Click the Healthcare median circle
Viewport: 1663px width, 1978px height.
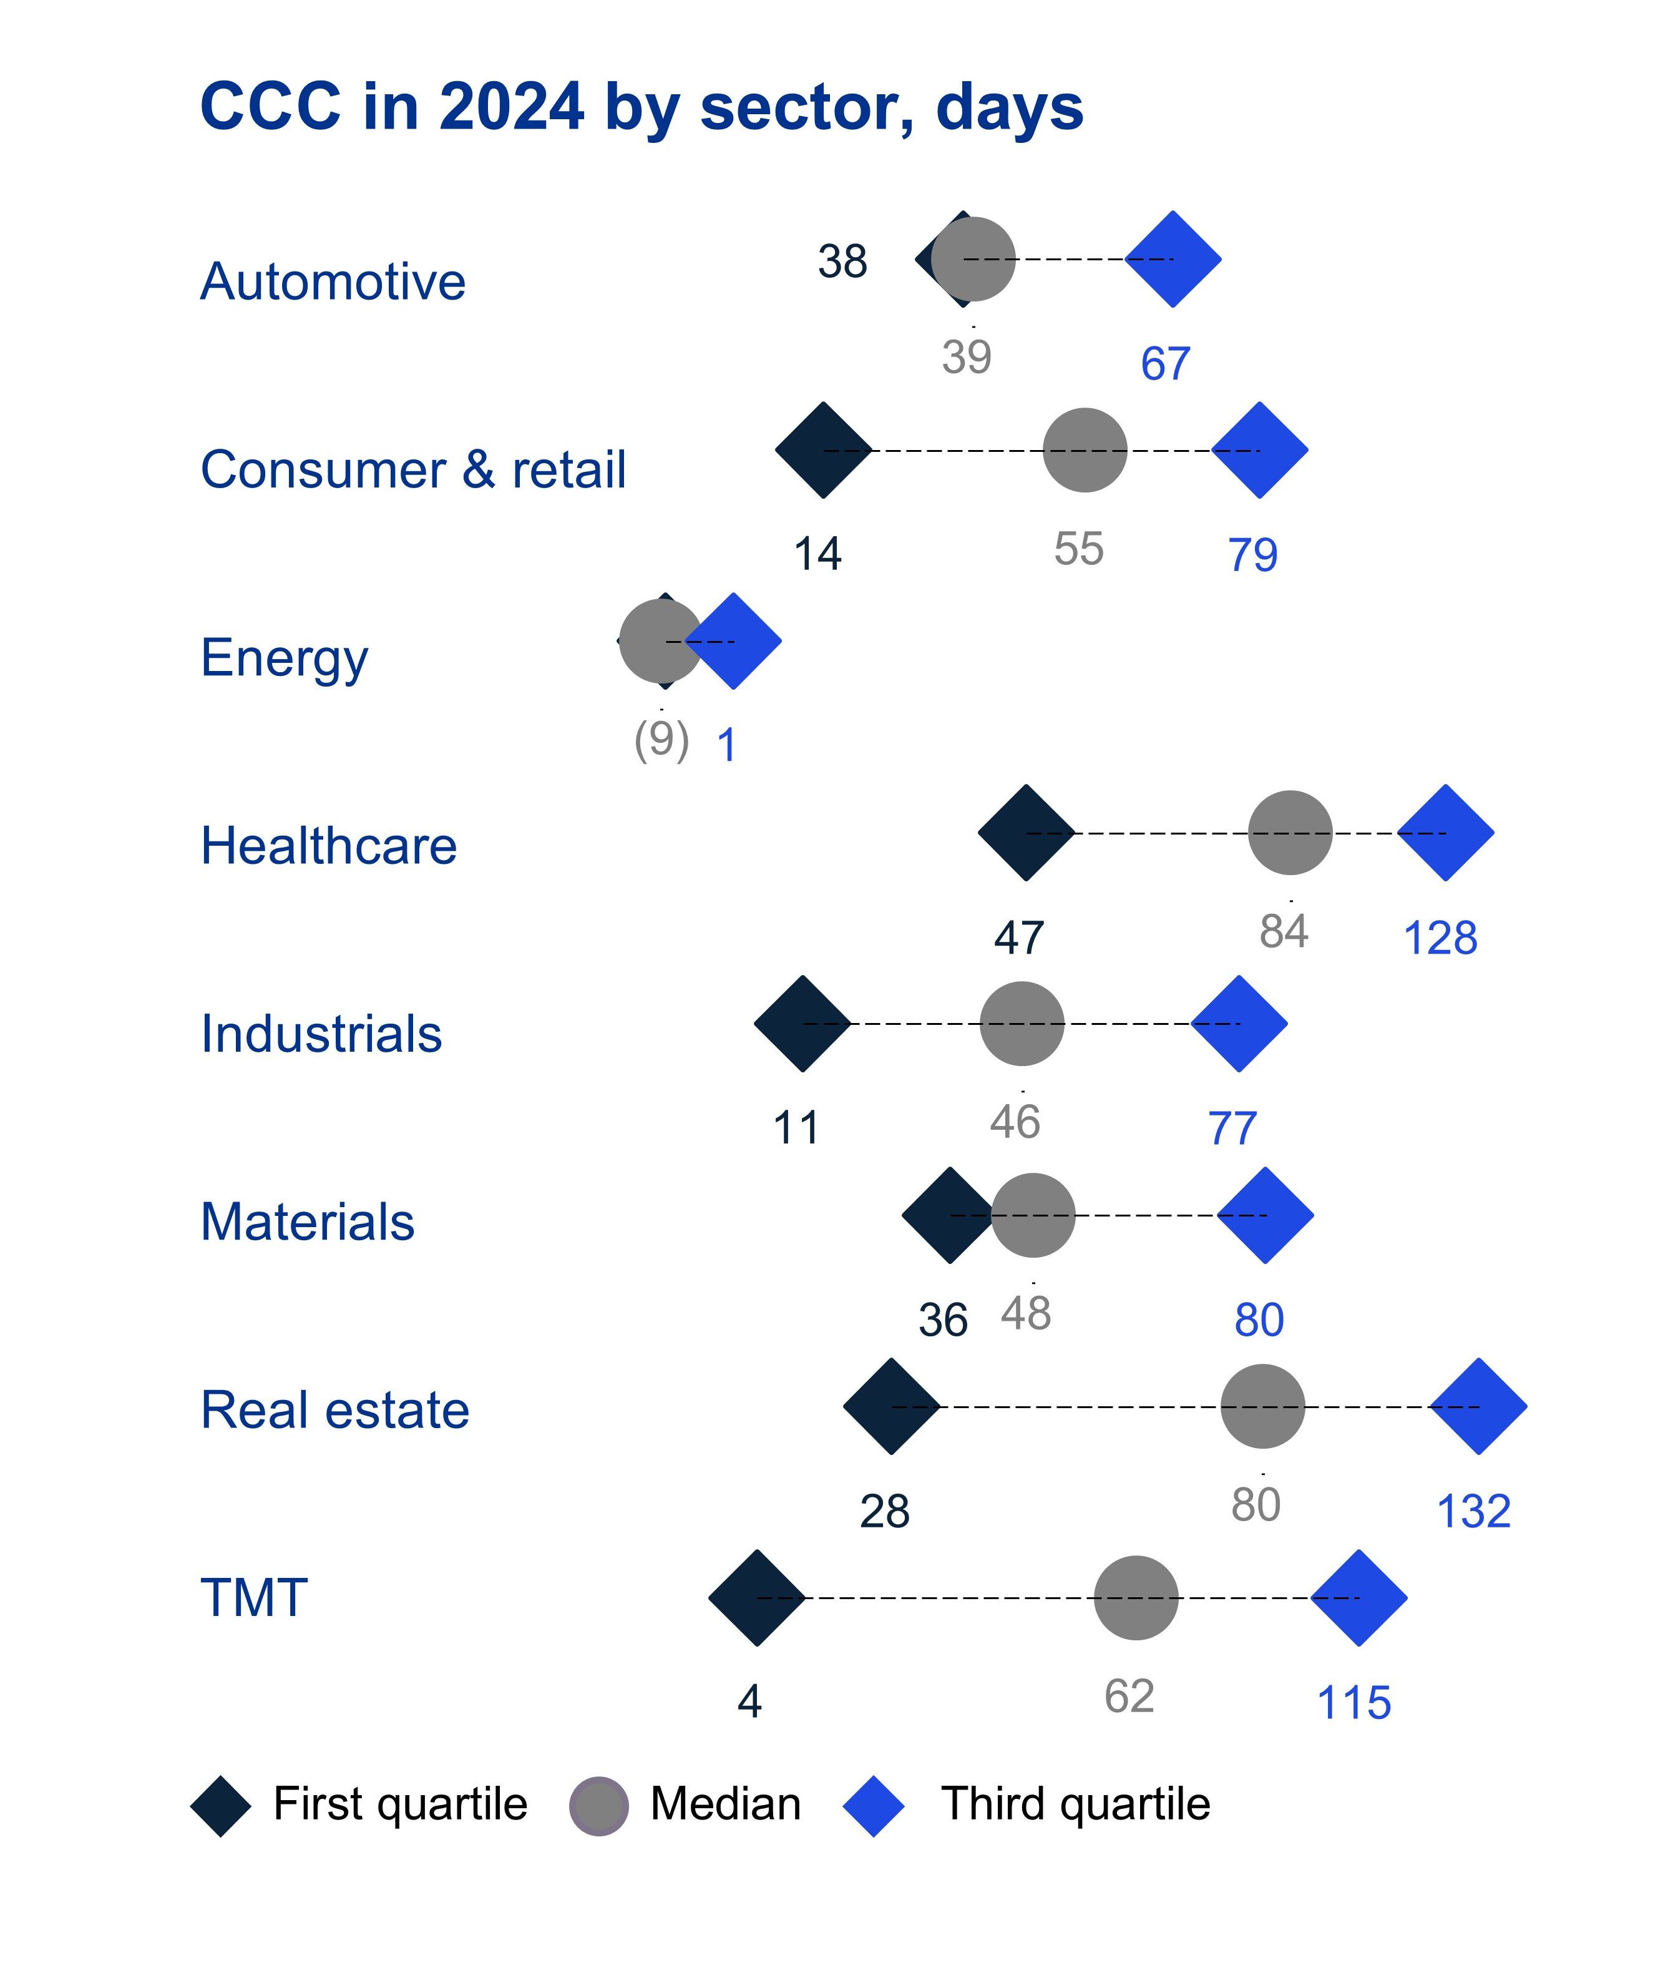pos(1290,833)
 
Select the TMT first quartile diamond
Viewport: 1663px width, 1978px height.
pos(757,1597)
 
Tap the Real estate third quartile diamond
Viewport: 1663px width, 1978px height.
pos(1478,1406)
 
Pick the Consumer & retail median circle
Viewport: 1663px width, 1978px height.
pos(1084,450)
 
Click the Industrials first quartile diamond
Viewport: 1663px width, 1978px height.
pos(802,1023)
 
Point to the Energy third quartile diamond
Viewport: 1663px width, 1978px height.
pos(733,641)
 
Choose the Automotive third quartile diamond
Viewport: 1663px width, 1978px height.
pos(1173,258)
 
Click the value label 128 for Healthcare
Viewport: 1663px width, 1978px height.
pos(1440,938)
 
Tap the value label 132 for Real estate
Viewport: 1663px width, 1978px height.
pos(1473,1511)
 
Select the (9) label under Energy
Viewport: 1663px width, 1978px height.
pos(661,739)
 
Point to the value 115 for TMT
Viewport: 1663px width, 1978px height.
pos(1353,1703)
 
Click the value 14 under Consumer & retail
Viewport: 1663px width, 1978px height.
pos(817,554)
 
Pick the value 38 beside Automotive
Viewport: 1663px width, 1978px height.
pos(842,261)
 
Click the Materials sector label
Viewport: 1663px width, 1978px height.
pos(308,1222)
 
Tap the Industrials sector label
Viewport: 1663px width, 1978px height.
pos(321,1033)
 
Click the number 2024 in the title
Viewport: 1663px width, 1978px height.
pos(511,107)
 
